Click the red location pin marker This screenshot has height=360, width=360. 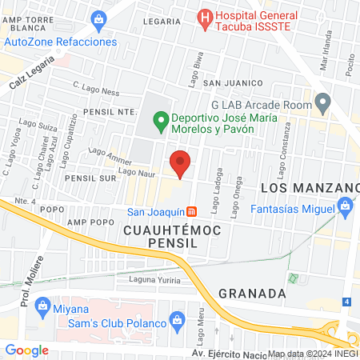181,163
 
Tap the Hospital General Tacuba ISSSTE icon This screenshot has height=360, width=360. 205,16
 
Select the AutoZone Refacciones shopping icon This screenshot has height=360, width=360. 98,18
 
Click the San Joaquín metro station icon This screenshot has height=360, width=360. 192,212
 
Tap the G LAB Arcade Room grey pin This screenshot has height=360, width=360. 322,102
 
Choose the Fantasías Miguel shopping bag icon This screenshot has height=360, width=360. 346,209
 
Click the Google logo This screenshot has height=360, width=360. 26,350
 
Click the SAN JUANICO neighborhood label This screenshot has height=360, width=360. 233,82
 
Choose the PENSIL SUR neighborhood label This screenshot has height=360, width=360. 91,178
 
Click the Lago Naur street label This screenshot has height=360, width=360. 134,170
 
